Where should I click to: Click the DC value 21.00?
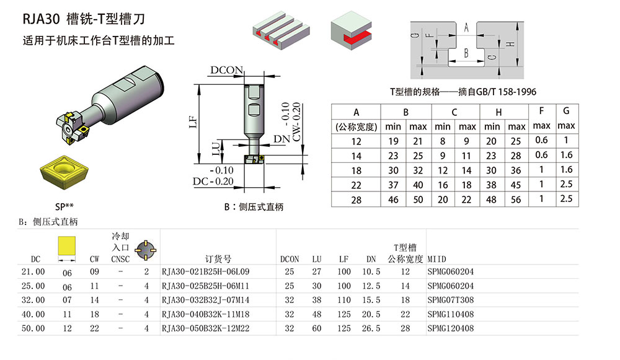(33, 272)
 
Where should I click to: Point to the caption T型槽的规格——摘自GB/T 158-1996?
(463, 92)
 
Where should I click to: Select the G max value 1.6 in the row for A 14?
(565, 156)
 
